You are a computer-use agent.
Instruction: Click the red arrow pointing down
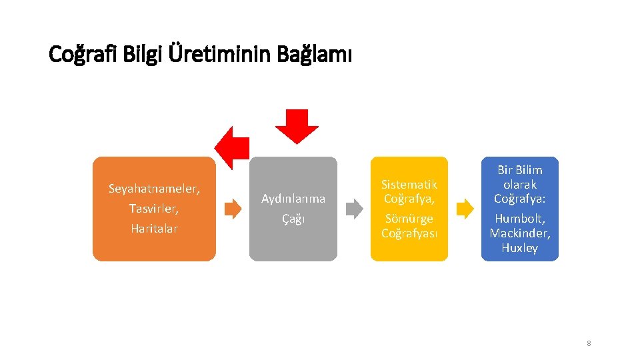[297, 126]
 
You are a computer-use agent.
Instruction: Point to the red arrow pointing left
[231, 147]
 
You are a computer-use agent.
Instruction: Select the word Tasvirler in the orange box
[153, 209]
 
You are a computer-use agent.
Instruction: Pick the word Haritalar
[154, 228]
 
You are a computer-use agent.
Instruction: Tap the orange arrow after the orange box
[233, 209]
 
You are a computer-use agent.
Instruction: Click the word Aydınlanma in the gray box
[293, 199]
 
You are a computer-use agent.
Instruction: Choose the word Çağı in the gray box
[293, 219]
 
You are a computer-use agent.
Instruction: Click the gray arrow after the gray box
[354, 209]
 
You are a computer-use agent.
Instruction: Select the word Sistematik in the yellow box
[409, 184]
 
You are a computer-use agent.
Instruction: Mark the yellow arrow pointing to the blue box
[465, 209]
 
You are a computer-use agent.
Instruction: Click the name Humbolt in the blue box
[519, 219]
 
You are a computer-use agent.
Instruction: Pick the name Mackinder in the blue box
[520, 233]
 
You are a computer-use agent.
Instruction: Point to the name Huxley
[520, 248]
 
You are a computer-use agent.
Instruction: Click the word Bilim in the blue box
[530, 170]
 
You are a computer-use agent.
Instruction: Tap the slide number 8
[589, 343]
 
